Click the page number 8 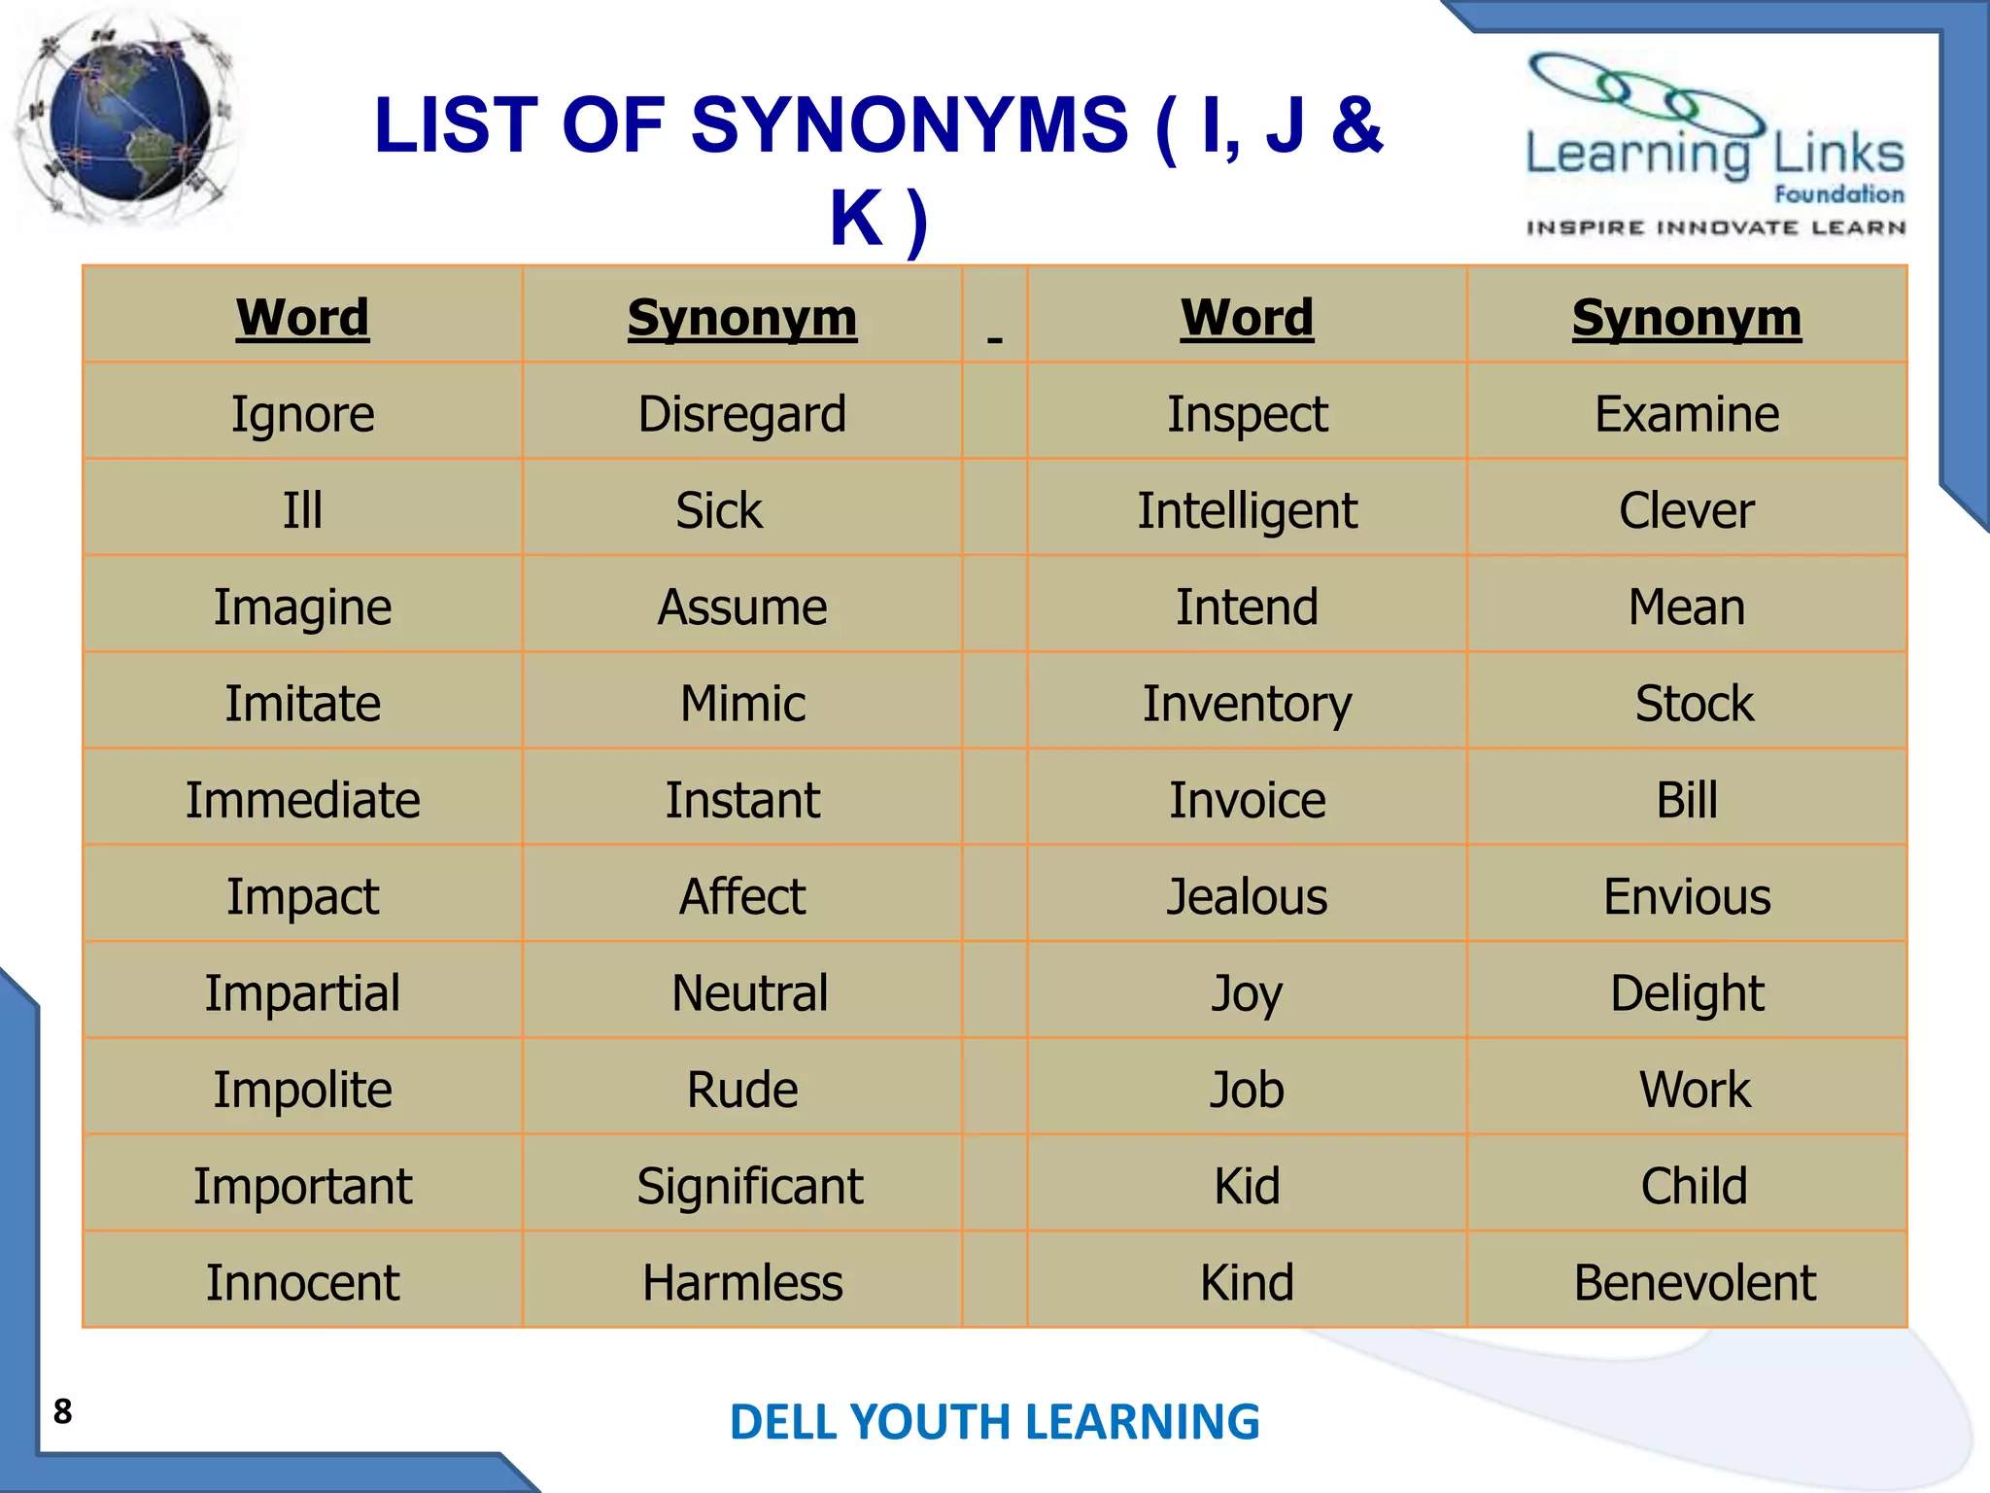pyautogui.click(x=63, y=1410)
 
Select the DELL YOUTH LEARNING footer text pyautogui.click(x=994, y=1422)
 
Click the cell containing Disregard pyautogui.click(x=742, y=414)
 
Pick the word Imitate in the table pyautogui.click(x=303, y=704)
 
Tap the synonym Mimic pyautogui.click(x=742, y=704)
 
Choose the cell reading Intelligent pyautogui.click(x=1247, y=511)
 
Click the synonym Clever pyautogui.click(x=1687, y=511)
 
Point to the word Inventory pyautogui.click(x=1247, y=704)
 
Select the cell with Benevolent pyautogui.click(x=1695, y=1283)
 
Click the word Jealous pyautogui.click(x=1247, y=896)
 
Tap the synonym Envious pyautogui.click(x=1687, y=896)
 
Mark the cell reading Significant pyautogui.click(x=749, y=1187)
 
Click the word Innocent pyautogui.click(x=303, y=1283)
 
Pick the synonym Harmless pyautogui.click(x=742, y=1283)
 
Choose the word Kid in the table pyautogui.click(x=1247, y=1187)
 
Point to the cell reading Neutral pyautogui.click(x=749, y=993)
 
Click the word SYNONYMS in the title pyautogui.click(x=909, y=126)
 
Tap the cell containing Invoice pyautogui.click(x=1247, y=801)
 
